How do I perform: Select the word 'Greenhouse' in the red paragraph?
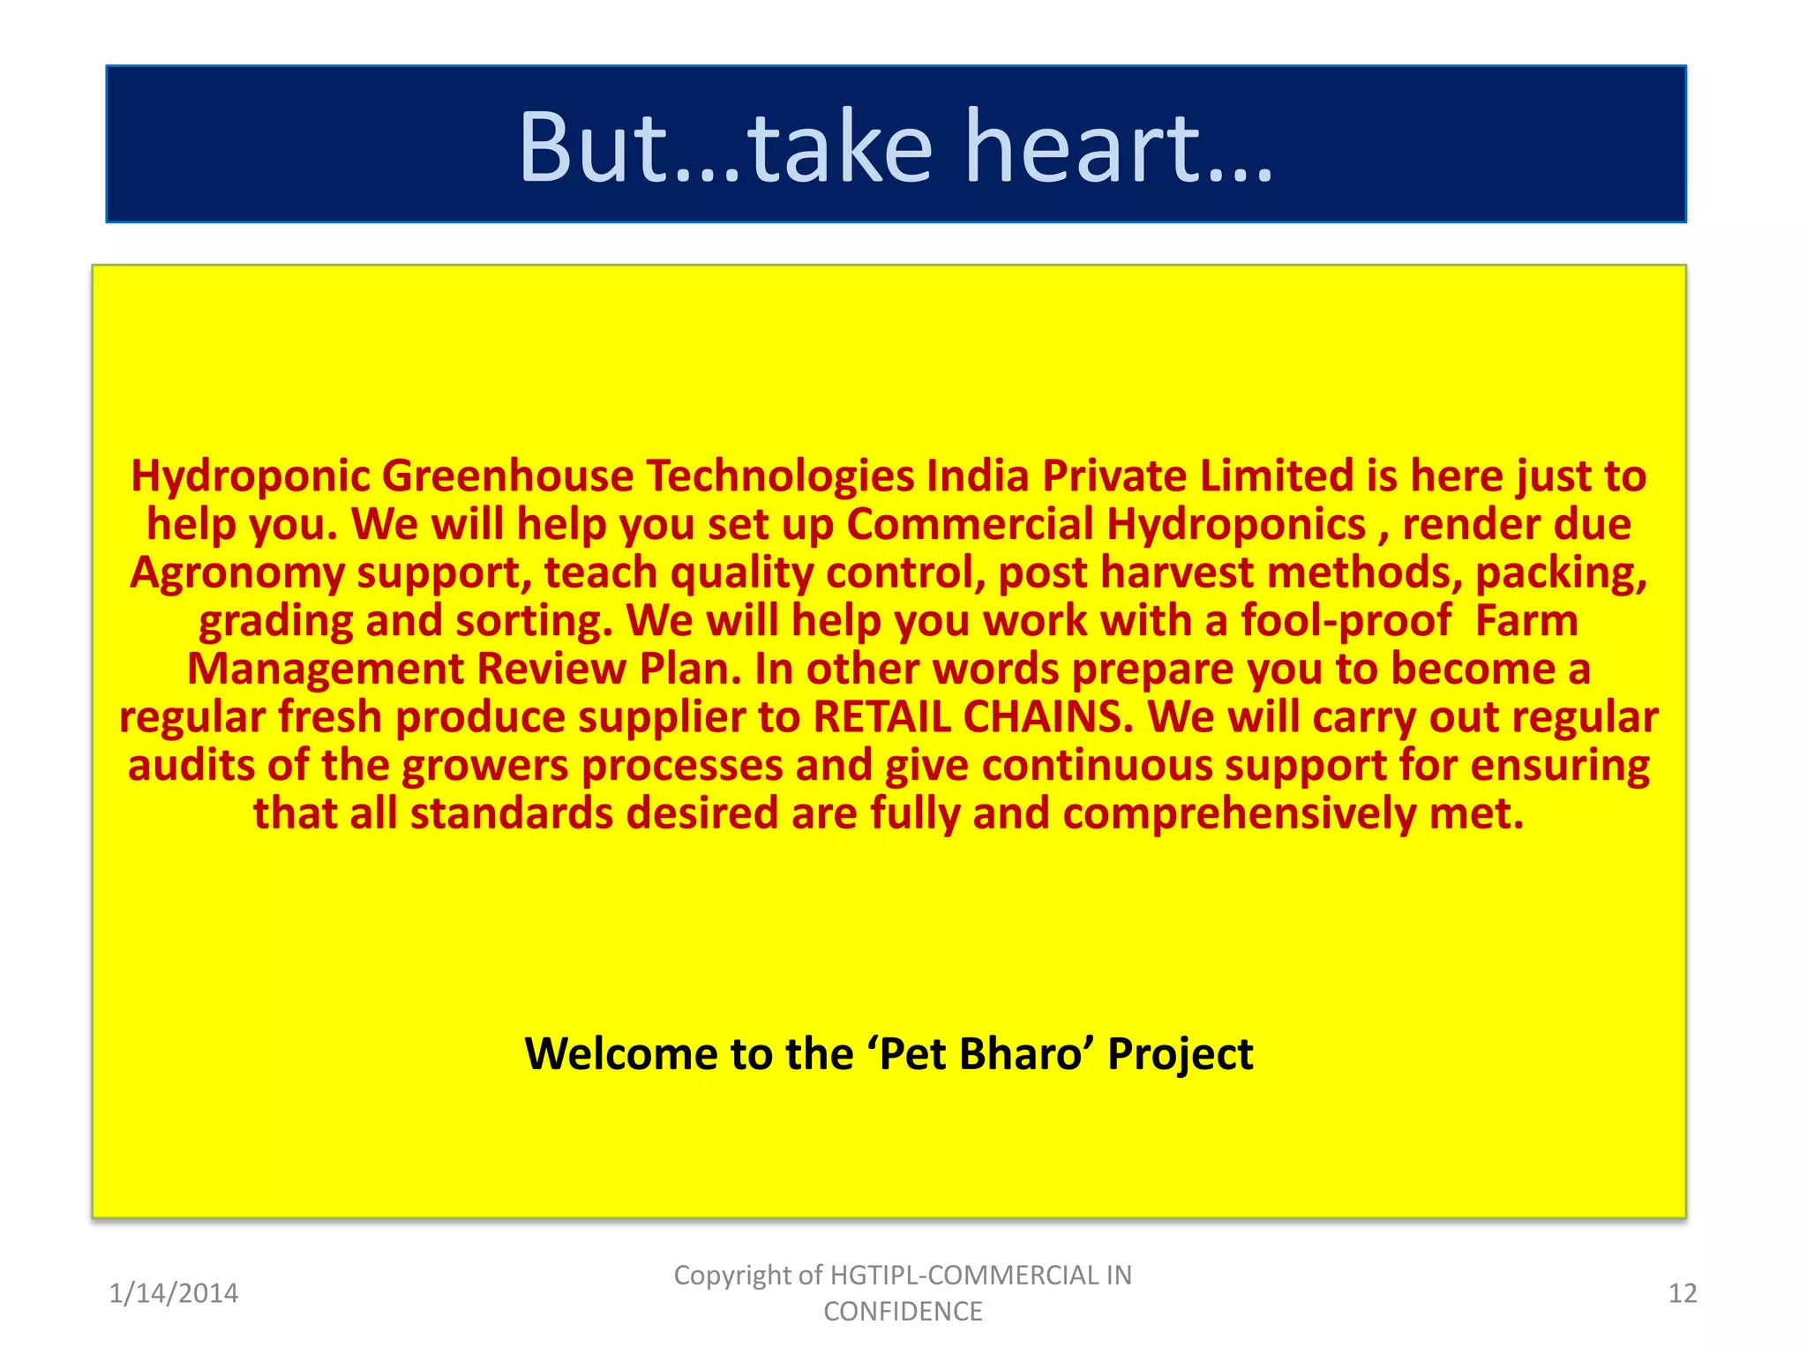[507, 476]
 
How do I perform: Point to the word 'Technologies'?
[780, 476]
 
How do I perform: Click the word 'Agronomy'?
[237, 573]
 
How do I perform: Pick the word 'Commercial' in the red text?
[971, 525]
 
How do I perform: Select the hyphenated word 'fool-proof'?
[1346, 621]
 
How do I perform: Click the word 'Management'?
[326, 669]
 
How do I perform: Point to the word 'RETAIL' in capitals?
[881, 717]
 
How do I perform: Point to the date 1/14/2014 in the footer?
[173, 1293]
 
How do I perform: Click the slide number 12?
[1683, 1293]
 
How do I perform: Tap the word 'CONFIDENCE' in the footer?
[903, 1312]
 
